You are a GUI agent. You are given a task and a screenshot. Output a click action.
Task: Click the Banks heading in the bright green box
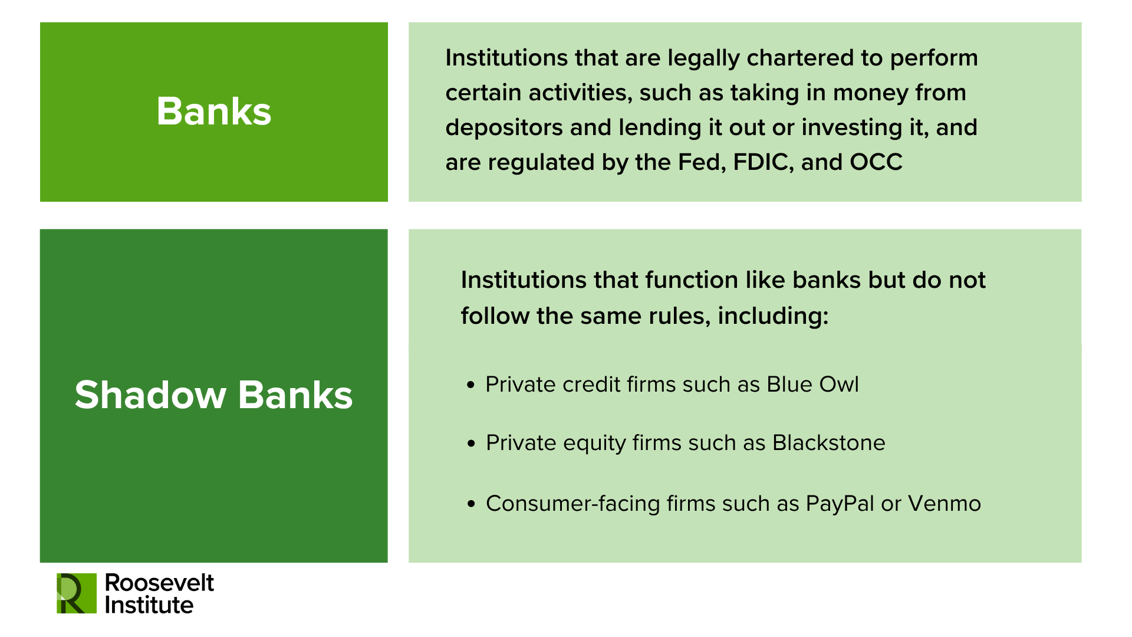click(x=213, y=111)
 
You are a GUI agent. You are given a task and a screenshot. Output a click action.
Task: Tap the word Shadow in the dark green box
click(x=150, y=395)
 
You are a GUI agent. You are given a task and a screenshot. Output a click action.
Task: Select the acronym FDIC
click(x=761, y=162)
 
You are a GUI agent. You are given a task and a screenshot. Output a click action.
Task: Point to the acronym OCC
click(x=876, y=162)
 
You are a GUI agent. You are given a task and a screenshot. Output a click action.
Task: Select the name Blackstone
click(x=828, y=443)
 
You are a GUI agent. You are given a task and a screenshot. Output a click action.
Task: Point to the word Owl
click(x=842, y=385)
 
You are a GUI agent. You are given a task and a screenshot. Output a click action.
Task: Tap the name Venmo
click(x=945, y=504)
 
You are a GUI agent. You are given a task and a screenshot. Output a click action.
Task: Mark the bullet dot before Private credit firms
click(x=470, y=385)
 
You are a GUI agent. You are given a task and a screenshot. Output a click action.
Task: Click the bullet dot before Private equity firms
click(x=470, y=444)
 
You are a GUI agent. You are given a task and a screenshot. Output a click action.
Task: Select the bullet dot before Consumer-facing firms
click(x=470, y=504)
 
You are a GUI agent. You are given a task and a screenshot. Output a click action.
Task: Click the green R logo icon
click(x=76, y=593)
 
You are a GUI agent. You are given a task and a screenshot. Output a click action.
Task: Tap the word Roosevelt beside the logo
click(x=159, y=583)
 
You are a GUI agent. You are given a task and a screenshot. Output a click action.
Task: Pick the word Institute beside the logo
click(x=149, y=605)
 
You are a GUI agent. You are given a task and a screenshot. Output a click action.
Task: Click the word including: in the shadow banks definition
click(x=773, y=317)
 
